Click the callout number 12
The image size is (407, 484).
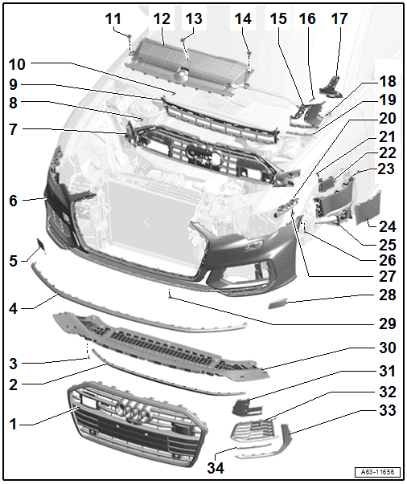(x=162, y=18)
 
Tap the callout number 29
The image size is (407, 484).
(x=387, y=323)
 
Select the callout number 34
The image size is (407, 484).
(x=216, y=468)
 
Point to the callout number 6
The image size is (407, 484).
(x=13, y=201)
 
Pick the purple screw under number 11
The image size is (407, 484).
(x=129, y=36)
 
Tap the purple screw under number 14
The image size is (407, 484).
(x=249, y=54)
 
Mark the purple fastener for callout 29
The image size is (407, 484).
(x=170, y=297)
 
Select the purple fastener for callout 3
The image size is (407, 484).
(x=88, y=357)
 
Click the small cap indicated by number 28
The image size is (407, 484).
(x=277, y=303)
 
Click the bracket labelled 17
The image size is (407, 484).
(x=331, y=87)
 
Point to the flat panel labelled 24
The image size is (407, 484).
(x=368, y=208)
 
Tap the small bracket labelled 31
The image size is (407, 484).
(x=246, y=407)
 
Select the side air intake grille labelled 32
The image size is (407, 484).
(x=254, y=430)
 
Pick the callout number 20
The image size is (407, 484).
(x=387, y=118)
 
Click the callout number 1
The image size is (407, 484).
(x=13, y=425)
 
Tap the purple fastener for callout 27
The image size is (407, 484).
(x=293, y=213)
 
